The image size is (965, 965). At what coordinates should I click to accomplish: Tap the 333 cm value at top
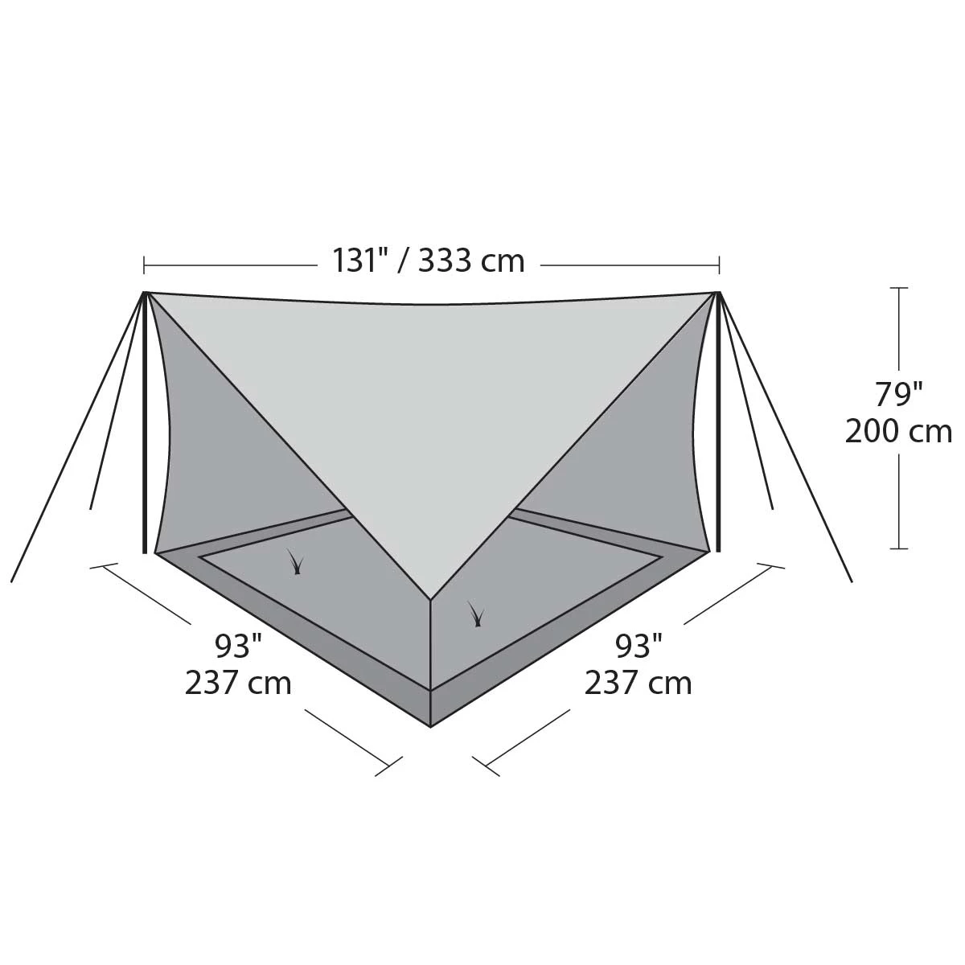click(471, 261)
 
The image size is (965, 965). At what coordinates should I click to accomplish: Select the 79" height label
click(899, 395)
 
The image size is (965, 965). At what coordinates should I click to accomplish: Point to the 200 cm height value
click(898, 432)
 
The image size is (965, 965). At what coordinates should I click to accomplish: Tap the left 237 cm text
click(238, 683)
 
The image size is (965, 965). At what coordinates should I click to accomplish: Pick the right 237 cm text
click(639, 683)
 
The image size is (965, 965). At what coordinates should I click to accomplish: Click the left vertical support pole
click(146, 423)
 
